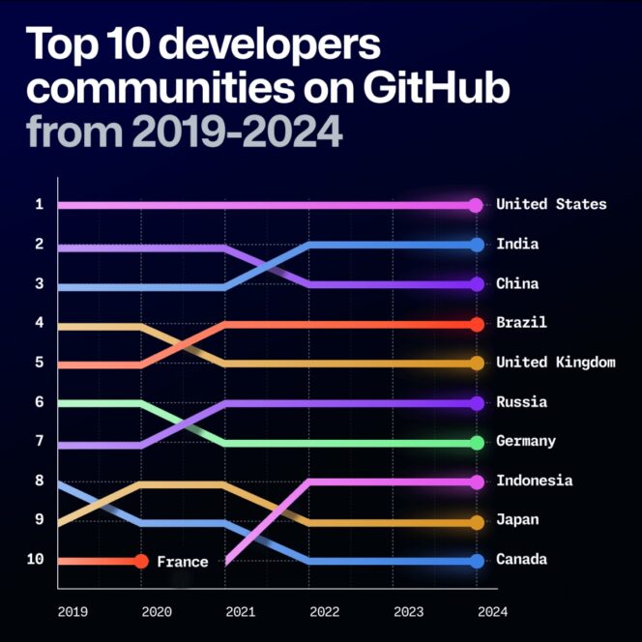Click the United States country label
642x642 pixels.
tap(551, 204)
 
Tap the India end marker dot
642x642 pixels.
tap(476, 245)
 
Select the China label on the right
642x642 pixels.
tap(517, 284)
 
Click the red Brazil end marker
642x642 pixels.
tap(476, 324)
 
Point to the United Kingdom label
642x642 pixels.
tap(555, 363)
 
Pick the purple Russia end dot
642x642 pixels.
tap(476, 403)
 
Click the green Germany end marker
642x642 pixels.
tap(476, 443)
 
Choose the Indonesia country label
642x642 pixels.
tap(534, 481)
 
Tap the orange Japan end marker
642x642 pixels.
tap(476, 522)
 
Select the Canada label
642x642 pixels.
tap(521, 560)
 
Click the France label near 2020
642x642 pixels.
tap(183, 562)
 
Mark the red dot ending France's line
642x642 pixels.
tap(141, 561)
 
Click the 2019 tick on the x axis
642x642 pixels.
tap(73, 611)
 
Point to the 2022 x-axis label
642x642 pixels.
tap(324, 611)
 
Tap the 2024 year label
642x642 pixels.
tap(491, 611)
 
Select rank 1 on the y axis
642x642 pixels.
tap(39, 204)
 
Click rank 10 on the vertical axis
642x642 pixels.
tap(35, 560)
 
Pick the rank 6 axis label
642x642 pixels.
tap(39, 402)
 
